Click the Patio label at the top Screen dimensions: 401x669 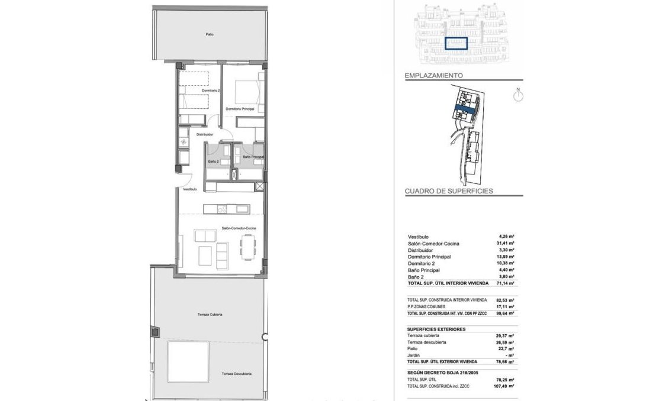(210, 34)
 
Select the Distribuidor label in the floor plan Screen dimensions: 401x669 (205, 134)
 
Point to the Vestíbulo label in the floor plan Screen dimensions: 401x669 (189, 189)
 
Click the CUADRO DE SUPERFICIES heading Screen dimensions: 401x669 (449, 192)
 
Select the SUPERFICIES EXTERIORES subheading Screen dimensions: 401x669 (436, 329)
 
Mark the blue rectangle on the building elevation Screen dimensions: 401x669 (456, 43)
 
